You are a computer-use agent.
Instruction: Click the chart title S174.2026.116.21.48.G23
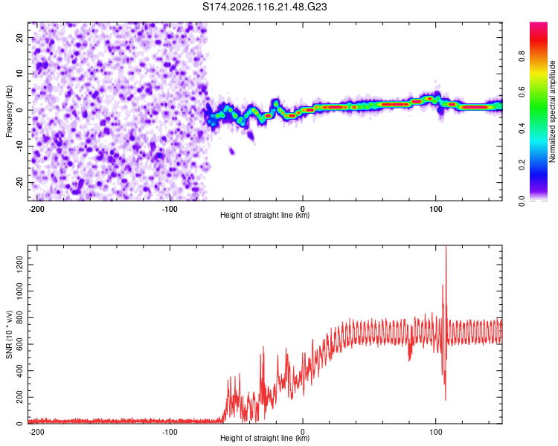264,7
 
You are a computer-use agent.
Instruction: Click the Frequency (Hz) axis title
9,111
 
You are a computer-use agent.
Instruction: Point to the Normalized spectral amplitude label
552,111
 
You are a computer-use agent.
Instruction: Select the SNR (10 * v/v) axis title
9,334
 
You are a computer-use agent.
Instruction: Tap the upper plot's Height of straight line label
265,215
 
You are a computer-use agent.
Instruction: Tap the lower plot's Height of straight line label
265,438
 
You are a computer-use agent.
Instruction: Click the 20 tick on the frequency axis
20,37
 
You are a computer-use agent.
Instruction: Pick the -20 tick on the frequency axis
20,183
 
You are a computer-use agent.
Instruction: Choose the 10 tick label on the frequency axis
20,74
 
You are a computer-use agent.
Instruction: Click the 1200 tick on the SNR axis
20,265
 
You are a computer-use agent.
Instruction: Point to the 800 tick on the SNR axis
20,317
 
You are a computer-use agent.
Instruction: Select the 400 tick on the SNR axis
20,371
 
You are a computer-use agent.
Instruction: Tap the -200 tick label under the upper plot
36,209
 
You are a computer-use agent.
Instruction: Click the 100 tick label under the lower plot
435,432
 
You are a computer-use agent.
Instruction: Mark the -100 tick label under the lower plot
170,432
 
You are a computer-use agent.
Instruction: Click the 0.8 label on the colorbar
522,56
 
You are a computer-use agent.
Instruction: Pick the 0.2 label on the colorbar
522,165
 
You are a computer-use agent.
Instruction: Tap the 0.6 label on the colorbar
522,92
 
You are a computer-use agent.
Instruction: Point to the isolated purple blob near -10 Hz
231,152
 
